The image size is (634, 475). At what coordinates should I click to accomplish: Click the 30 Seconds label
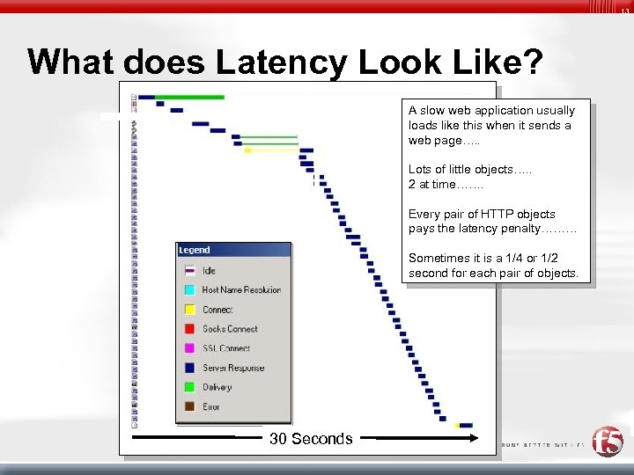pos(311,439)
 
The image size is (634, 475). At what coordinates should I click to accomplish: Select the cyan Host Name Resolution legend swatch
pos(188,289)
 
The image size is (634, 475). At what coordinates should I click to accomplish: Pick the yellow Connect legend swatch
pos(188,310)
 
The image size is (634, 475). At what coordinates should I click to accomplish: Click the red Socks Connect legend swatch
pos(188,329)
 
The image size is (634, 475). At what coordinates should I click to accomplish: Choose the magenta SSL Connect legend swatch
pos(188,348)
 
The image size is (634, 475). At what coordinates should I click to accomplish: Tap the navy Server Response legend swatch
pos(188,368)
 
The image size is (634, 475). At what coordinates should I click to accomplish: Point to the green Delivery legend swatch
pos(188,387)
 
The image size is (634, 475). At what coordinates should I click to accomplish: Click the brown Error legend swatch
pos(188,406)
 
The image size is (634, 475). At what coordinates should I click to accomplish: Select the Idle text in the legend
pos(209,270)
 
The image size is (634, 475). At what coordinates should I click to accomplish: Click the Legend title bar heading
pos(195,251)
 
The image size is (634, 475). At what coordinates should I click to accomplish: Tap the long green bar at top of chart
pos(190,97)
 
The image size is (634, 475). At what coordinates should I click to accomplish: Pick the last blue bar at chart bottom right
pos(466,426)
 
